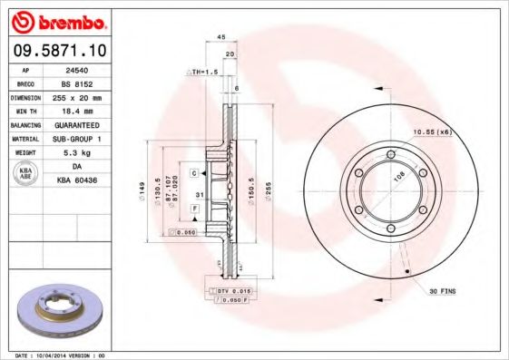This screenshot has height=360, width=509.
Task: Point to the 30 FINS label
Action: click(442, 291)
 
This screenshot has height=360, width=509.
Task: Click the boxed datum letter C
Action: click(194, 172)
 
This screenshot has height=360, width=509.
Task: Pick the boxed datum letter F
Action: click(194, 209)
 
